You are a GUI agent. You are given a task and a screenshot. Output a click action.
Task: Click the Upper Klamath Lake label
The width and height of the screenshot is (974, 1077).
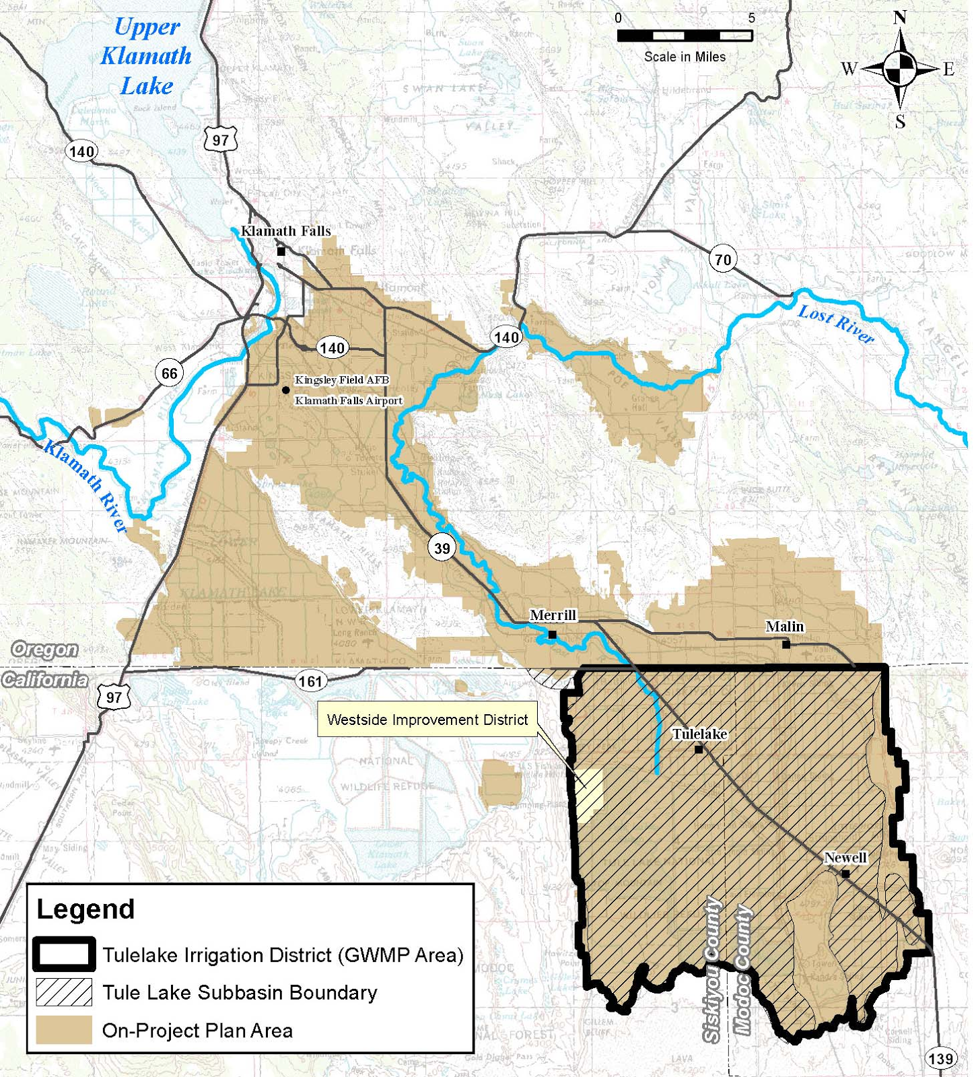coord(146,57)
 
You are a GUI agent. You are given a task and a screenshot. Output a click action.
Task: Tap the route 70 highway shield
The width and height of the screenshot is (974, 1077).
coord(722,259)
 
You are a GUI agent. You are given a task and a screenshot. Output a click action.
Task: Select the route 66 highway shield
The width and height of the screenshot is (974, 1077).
coord(169,373)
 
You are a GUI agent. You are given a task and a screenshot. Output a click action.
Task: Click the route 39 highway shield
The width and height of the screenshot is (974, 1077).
coord(442,548)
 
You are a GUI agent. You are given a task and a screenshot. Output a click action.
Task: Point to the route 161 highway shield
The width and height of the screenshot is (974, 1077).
coord(310,681)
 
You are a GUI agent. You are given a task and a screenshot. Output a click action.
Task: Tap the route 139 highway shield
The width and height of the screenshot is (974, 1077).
coord(940,1058)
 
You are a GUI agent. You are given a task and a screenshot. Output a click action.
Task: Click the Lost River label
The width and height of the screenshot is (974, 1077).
coord(835,324)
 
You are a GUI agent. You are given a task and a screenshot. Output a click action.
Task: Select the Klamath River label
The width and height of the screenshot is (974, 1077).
coord(85,486)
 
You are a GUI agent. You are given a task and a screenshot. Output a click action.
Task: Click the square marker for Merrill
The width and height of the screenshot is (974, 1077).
coord(552,635)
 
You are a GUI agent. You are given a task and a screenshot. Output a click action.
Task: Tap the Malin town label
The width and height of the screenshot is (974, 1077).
coord(784,627)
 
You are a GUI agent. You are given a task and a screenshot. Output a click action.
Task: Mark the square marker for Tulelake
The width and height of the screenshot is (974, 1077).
coord(699,749)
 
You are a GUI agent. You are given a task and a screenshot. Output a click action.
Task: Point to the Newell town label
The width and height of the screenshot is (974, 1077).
coord(845,858)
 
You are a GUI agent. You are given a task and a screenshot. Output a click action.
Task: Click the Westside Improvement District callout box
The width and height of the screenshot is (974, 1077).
coord(427,720)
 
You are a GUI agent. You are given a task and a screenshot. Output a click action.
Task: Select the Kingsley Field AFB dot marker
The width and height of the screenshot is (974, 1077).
coord(286,390)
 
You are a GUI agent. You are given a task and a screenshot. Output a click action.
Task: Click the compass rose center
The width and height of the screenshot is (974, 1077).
coord(899,68)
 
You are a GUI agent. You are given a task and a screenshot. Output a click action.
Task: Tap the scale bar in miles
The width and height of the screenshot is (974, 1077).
coord(685,36)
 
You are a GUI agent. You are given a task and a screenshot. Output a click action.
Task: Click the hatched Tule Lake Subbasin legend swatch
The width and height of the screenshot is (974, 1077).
coord(64,992)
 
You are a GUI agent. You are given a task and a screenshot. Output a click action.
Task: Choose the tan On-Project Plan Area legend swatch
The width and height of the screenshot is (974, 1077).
coord(64,1030)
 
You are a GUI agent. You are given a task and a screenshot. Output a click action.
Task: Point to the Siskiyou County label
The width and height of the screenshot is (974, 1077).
coord(712,969)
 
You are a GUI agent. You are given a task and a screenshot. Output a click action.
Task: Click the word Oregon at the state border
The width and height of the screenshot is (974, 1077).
coord(44,650)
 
